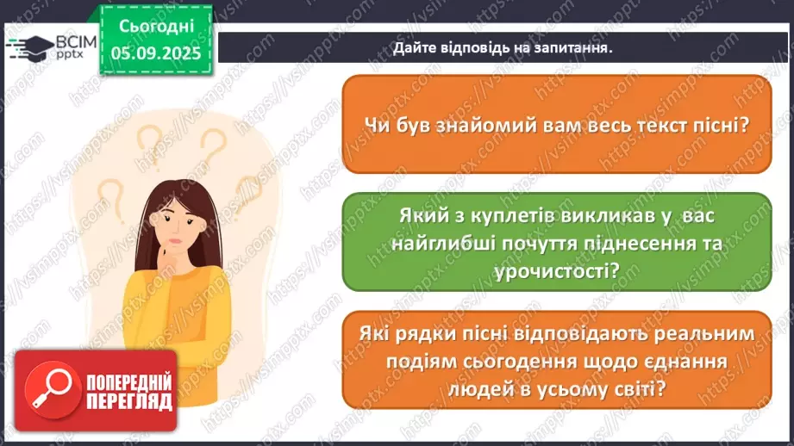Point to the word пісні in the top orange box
point(719,123)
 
